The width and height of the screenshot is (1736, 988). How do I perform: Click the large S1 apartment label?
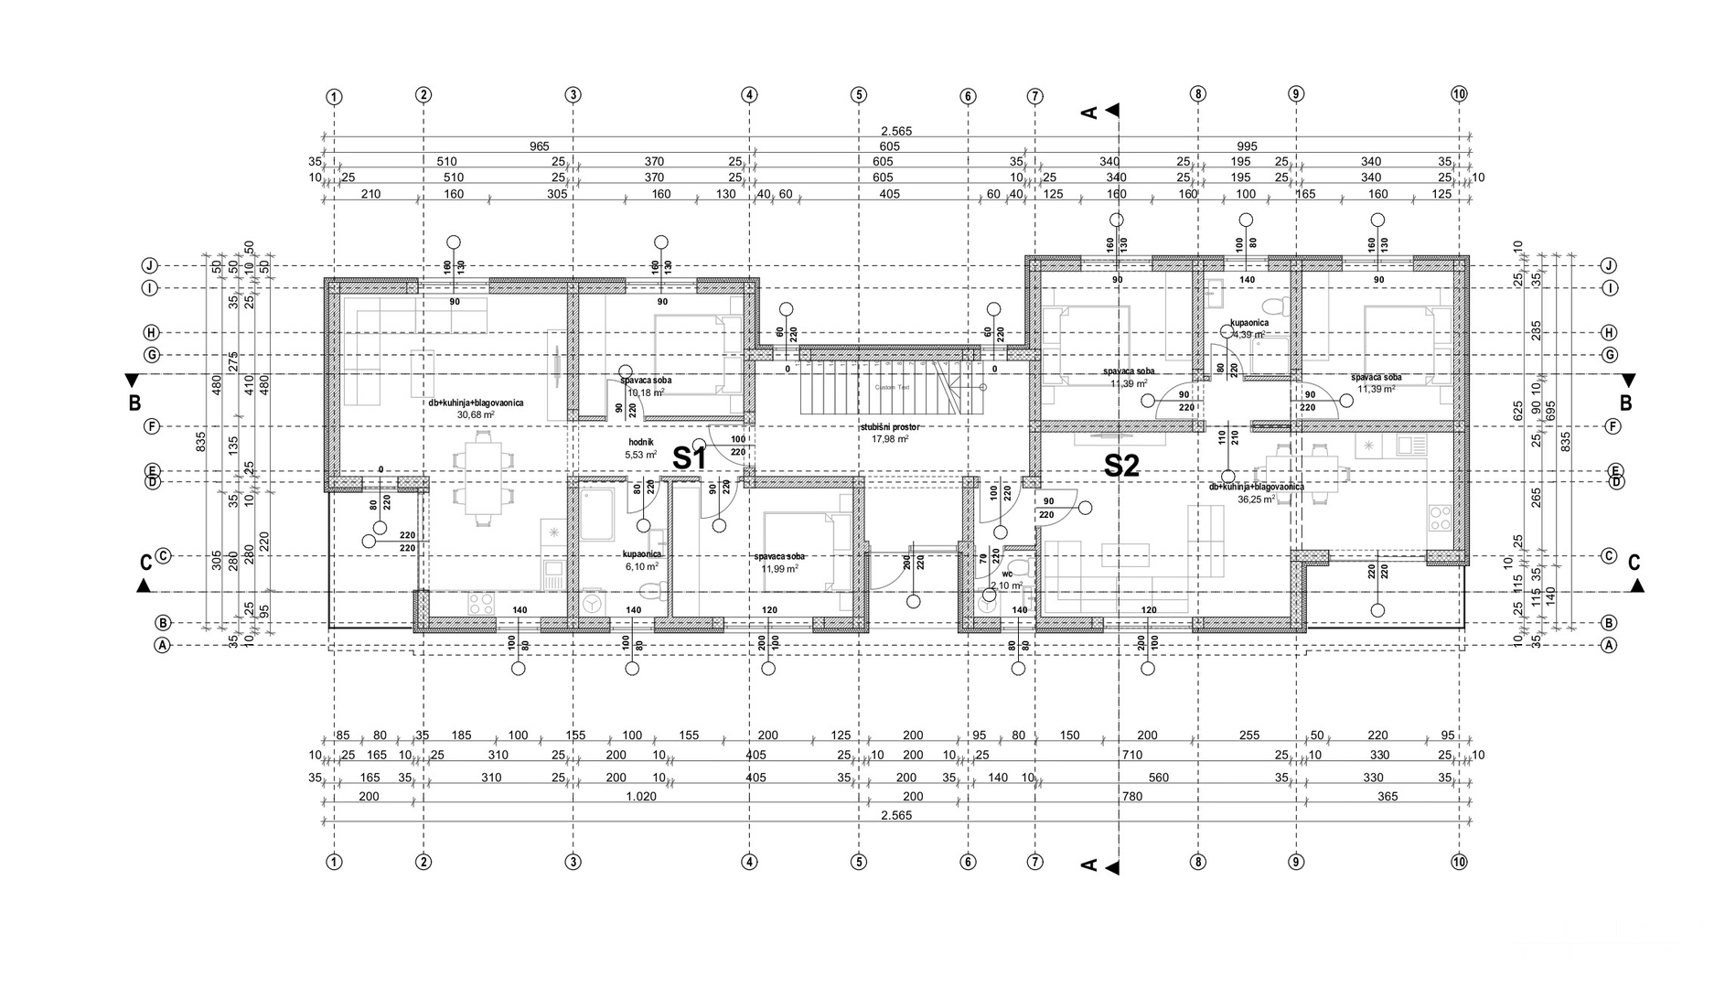tap(690, 458)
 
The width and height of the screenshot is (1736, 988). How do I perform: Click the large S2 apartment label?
tap(1121, 466)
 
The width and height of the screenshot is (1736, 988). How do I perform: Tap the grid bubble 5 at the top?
tap(858, 94)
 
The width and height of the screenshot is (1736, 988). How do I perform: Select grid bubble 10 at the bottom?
tap(1459, 862)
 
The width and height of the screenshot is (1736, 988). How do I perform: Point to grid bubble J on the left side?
tap(149, 266)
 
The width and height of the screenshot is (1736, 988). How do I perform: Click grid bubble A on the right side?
tap(1609, 645)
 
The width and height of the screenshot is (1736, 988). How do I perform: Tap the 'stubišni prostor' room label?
tap(889, 427)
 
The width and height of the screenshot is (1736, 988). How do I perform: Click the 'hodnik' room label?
tap(640, 442)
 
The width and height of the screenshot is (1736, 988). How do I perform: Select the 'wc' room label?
tap(1007, 575)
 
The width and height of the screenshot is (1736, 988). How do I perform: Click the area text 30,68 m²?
tap(476, 414)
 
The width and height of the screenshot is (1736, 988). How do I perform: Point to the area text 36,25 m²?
tap(1256, 499)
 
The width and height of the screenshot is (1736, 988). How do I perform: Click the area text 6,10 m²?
tap(640, 566)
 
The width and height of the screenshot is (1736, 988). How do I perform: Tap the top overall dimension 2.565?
tap(896, 131)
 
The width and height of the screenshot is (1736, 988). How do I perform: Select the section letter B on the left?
tap(134, 402)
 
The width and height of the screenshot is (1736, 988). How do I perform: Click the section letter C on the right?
tap(1634, 563)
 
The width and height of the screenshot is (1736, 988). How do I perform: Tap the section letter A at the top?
tap(1089, 112)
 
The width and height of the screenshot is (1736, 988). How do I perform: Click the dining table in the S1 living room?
tap(481, 480)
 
